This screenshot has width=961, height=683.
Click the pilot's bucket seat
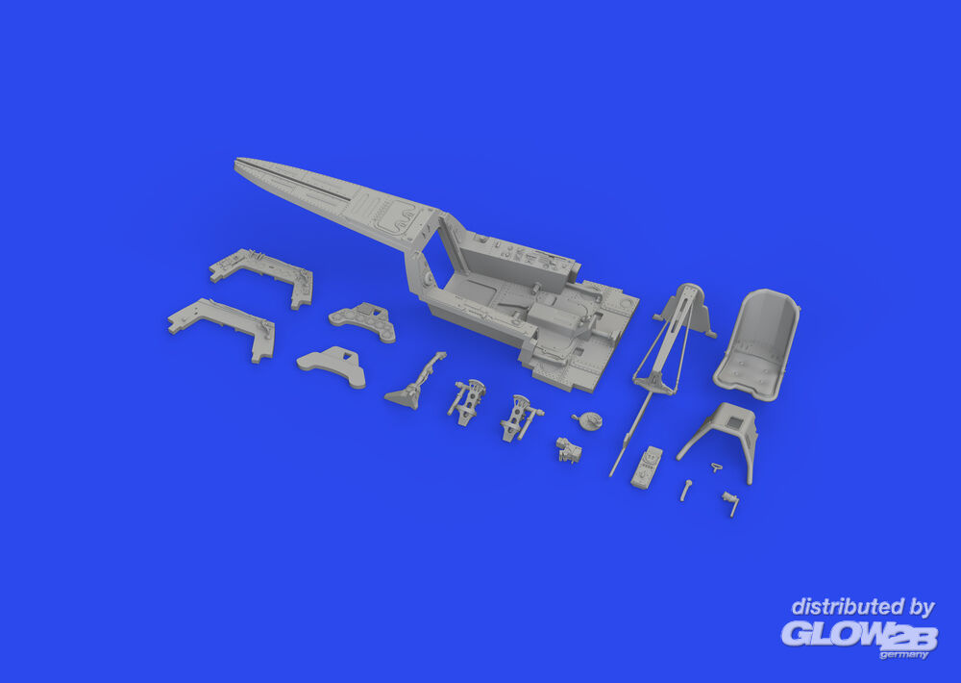(x=757, y=345)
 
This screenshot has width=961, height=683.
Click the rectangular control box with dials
(x=647, y=467)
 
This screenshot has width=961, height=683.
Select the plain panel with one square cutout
(x=333, y=366)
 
